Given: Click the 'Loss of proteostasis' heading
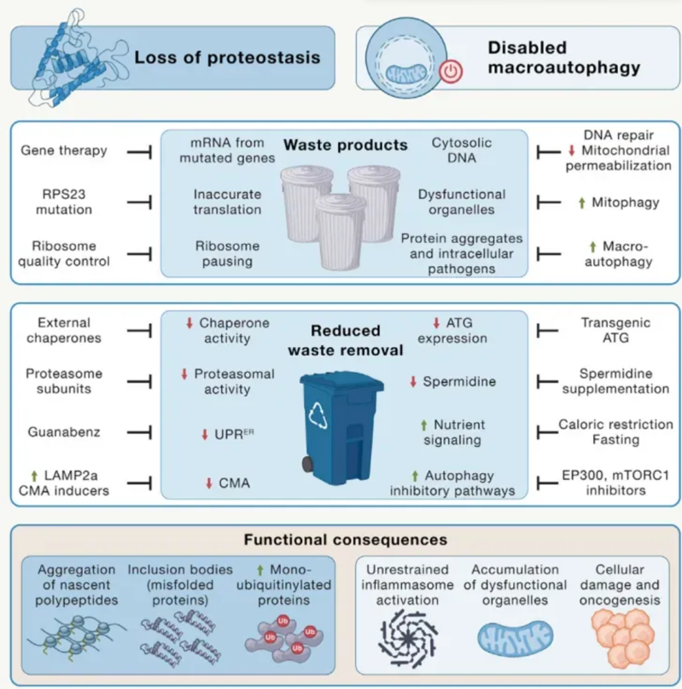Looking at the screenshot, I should [x=226, y=58].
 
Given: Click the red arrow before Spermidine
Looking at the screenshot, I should [x=413, y=381].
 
